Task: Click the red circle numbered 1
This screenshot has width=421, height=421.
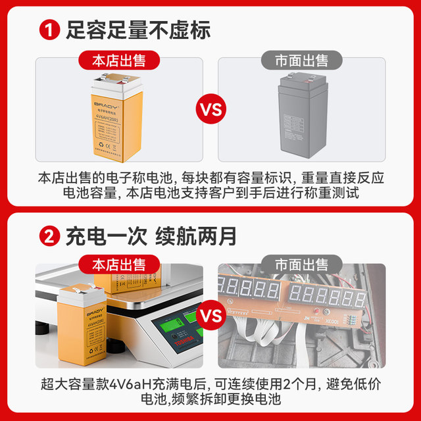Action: (x=50, y=30)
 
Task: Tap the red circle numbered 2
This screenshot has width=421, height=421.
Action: (x=50, y=235)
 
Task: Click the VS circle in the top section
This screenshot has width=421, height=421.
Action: (x=211, y=109)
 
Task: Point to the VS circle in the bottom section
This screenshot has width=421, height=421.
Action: (x=211, y=316)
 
